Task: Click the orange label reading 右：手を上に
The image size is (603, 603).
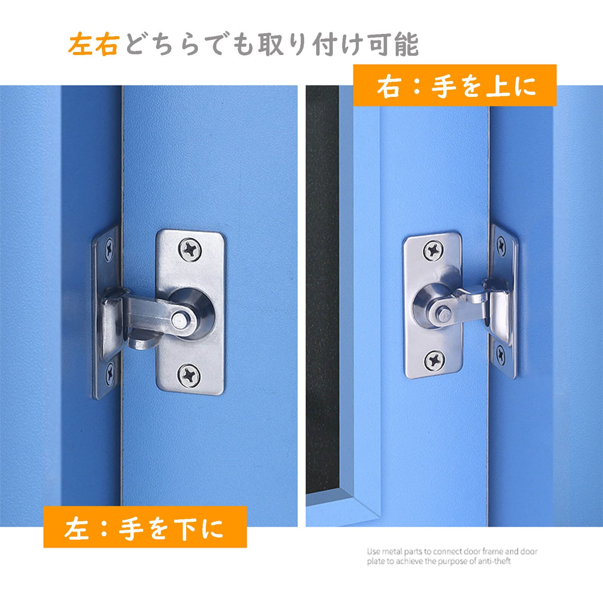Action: pyautogui.click(x=455, y=86)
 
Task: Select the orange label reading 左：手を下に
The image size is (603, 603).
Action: pyautogui.click(x=145, y=527)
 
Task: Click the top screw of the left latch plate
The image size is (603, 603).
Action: pyautogui.click(x=191, y=249)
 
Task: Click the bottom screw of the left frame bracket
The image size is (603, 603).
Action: pyautogui.click(x=110, y=372)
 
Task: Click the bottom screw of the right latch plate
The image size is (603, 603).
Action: pyautogui.click(x=435, y=361)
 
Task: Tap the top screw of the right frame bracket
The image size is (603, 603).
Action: pyautogui.click(x=502, y=246)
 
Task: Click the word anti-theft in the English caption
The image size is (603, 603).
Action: pyautogui.click(x=494, y=562)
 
